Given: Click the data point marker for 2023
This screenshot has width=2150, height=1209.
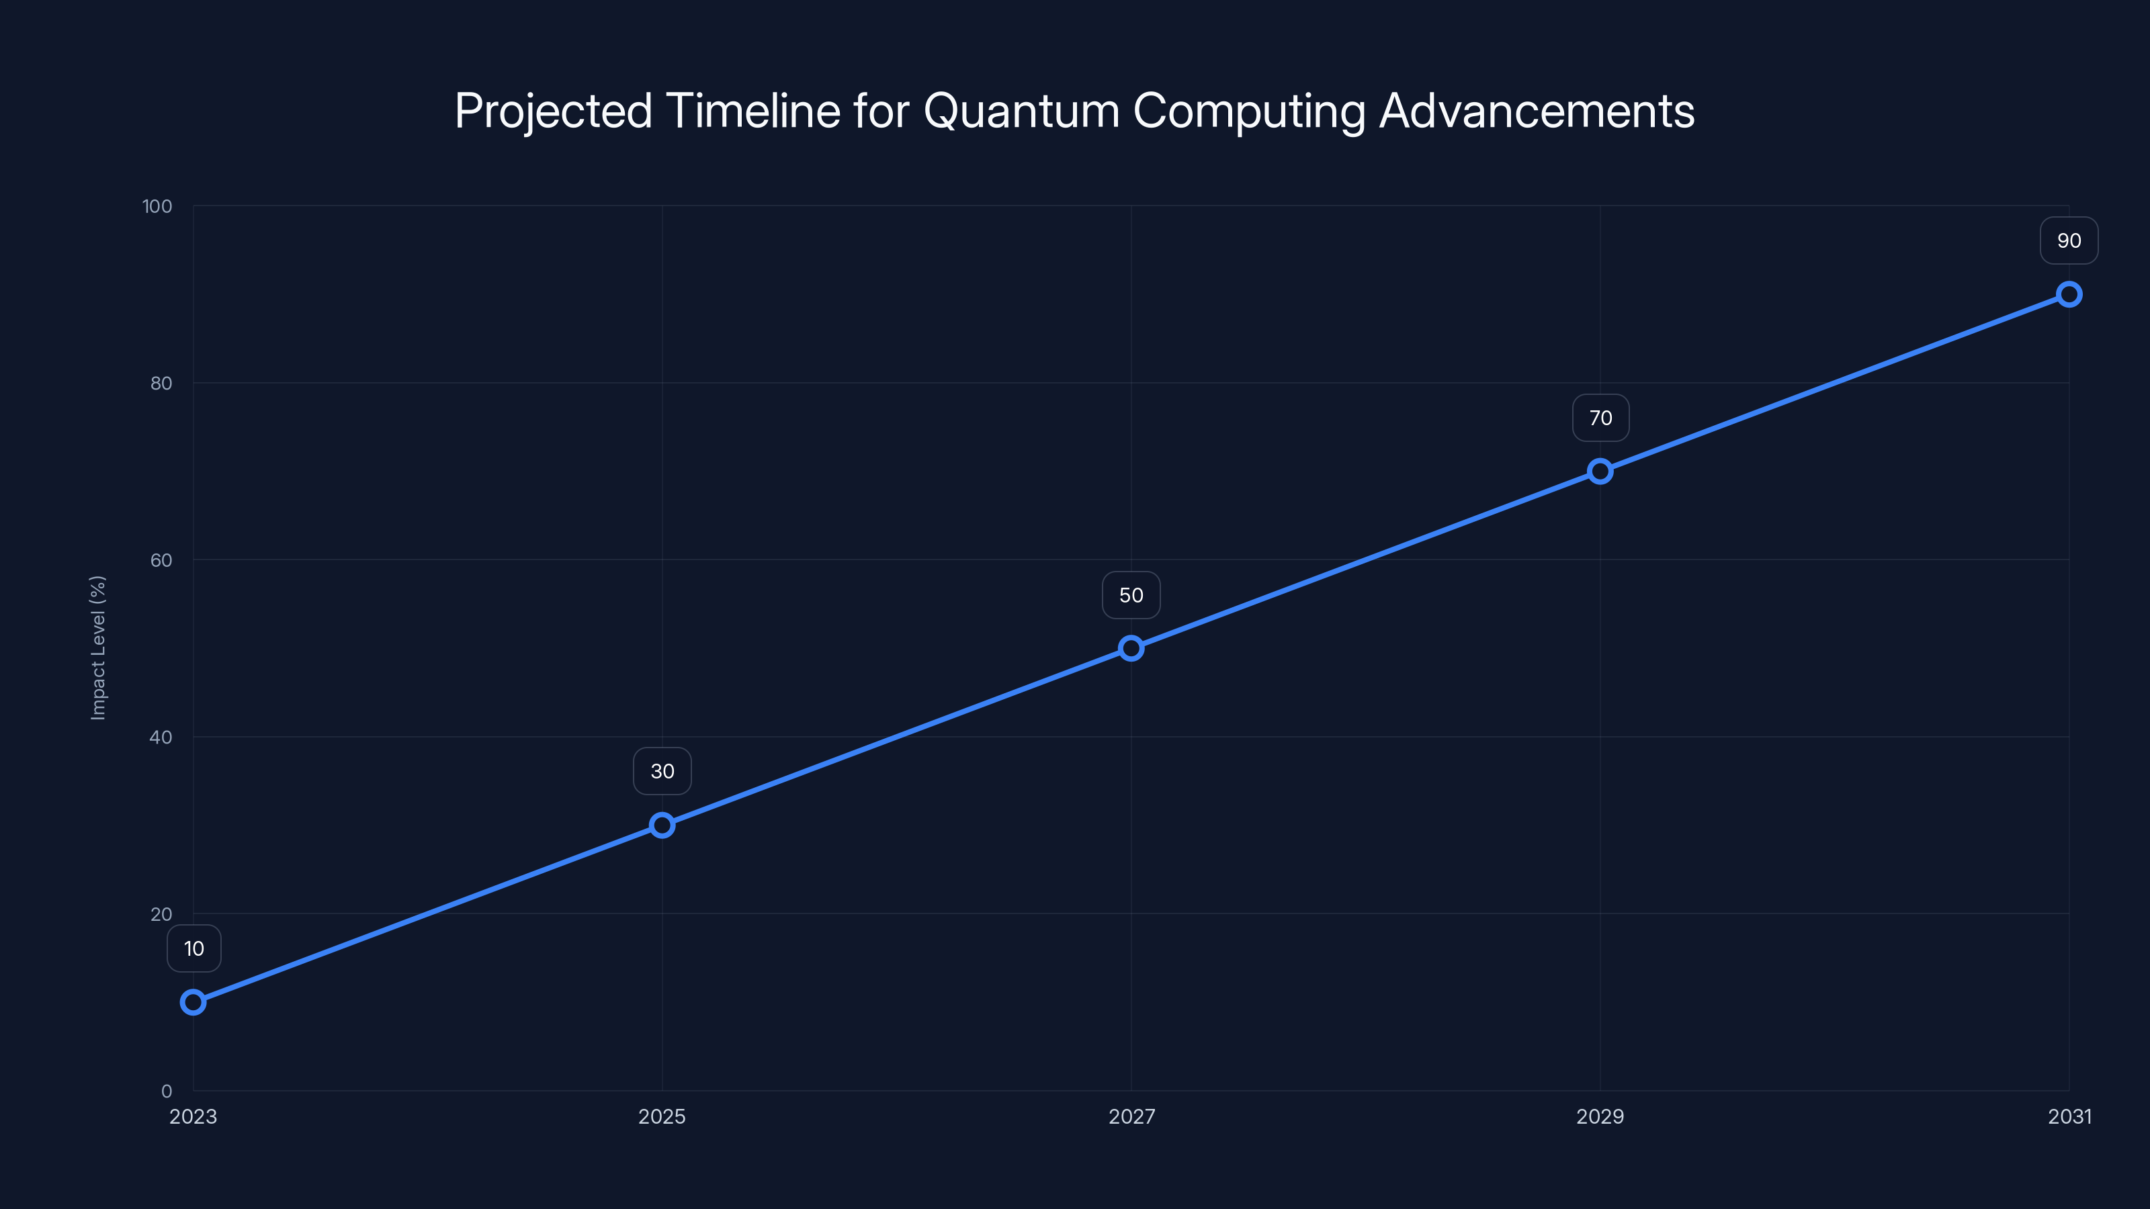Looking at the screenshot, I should coord(193,1002).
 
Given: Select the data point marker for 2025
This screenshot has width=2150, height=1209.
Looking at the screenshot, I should coord(662,825).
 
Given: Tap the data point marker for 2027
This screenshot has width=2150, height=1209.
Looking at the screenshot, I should coord(1131,648).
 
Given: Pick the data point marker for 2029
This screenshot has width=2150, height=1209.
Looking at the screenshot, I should coord(1600,472).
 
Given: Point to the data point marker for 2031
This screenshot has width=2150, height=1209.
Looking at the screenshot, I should coord(2069,295).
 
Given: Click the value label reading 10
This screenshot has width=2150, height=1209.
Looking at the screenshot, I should coord(193,948).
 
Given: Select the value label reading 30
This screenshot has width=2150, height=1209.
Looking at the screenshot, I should coord(662,772).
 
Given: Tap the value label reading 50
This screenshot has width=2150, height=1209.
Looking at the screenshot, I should coord(1131,595).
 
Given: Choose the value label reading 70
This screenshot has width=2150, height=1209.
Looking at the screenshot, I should coord(1600,418).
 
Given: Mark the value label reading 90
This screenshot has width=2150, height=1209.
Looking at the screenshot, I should coord(2069,241).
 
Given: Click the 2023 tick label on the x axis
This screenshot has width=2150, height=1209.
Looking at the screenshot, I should coord(193,1116).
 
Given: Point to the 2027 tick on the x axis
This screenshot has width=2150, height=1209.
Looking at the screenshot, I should coord(1131,1116).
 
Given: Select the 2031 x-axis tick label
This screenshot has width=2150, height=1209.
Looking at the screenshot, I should coord(2069,1116).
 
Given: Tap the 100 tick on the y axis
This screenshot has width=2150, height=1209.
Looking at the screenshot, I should coord(157,206).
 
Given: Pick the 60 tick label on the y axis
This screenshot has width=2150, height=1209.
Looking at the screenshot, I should coord(161,560).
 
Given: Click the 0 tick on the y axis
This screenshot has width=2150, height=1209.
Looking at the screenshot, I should coord(166,1091).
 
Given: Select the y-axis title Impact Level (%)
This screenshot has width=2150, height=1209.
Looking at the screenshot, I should coord(99,647).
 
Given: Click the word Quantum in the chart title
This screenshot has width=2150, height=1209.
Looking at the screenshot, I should coord(1021,111).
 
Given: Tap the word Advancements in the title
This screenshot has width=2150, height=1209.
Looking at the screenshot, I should coord(1537,111).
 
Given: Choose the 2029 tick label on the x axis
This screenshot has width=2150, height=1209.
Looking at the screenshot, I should coord(1600,1116).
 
